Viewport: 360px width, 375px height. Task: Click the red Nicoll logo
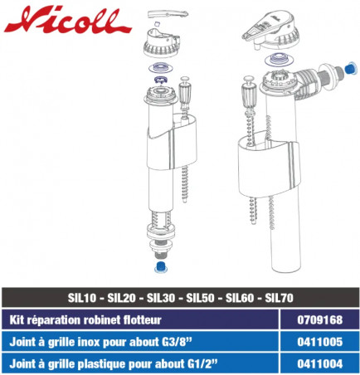tap(67, 21)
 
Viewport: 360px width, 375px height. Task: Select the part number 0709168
tap(320, 320)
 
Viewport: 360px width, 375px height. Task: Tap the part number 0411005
tap(320, 342)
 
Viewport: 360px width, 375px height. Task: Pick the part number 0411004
tap(320, 363)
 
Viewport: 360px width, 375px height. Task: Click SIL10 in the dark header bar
tap(82, 298)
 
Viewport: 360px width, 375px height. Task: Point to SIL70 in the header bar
tap(279, 298)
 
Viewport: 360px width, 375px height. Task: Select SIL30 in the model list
tap(161, 298)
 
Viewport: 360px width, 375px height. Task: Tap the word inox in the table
tap(90, 342)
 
